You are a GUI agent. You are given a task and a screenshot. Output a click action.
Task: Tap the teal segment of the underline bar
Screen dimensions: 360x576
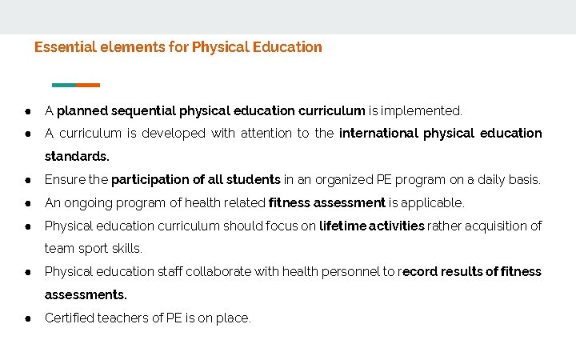pyautogui.click(x=63, y=85)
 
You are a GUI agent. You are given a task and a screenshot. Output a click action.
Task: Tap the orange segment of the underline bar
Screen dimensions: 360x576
pyautogui.click(x=88, y=85)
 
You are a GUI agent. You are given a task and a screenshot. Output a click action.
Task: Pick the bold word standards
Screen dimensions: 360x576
pyautogui.click(x=77, y=156)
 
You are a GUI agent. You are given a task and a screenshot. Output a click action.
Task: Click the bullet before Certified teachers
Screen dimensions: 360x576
pyautogui.click(x=27, y=318)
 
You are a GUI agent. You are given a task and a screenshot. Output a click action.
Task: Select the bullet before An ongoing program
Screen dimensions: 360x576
pyautogui.click(x=27, y=203)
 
